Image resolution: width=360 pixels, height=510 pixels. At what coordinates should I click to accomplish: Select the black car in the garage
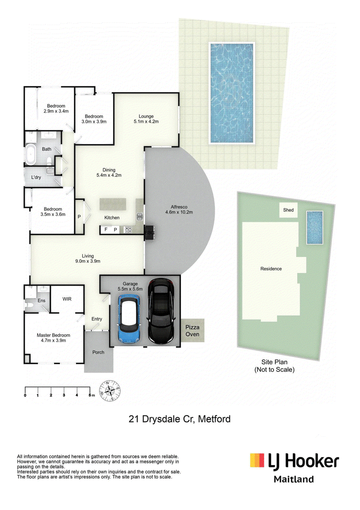coord(161,311)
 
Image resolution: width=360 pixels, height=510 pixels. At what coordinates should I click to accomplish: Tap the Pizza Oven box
coord(192,330)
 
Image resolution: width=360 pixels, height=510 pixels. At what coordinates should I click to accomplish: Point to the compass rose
coord(110,390)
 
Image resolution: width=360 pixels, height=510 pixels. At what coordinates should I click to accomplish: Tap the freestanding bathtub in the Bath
coord(31,154)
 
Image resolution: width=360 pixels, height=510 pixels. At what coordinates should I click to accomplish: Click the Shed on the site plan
coord(288,210)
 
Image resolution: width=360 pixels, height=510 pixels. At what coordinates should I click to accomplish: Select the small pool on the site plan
coord(315,227)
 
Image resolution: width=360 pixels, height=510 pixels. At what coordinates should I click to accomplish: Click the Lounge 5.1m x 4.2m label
coord(146,119)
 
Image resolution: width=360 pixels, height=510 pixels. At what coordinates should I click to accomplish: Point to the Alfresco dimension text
coord(179,212)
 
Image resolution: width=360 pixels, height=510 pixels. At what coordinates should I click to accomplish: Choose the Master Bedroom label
coord(54,338)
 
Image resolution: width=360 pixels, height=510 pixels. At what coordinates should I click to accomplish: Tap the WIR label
coord(67,299)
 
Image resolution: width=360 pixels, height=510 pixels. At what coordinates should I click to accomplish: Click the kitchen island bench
coord(112,204)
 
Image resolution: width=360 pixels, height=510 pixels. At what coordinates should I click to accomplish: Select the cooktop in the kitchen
coord(128,230)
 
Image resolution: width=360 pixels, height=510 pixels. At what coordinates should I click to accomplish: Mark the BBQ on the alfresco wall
coord(149,233)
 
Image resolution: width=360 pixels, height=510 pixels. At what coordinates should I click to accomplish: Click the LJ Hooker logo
coord(294,461)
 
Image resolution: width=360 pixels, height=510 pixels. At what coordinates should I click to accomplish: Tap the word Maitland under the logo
coord(294,479)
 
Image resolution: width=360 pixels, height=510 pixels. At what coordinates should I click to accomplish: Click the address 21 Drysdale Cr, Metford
coord(180,419)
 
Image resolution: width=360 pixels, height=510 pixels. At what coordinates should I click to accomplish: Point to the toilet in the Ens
coord(28,305)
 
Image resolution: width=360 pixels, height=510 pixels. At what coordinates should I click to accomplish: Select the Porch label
coord(98,352)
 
